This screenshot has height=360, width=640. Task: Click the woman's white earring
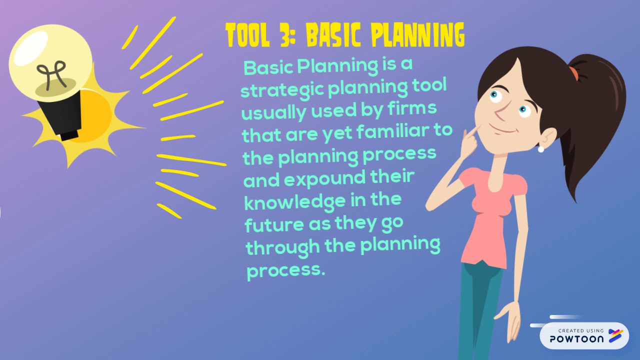(540, 149)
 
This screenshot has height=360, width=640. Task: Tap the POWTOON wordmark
(577, 338)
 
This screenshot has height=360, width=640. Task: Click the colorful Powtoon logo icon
(615, 336)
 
